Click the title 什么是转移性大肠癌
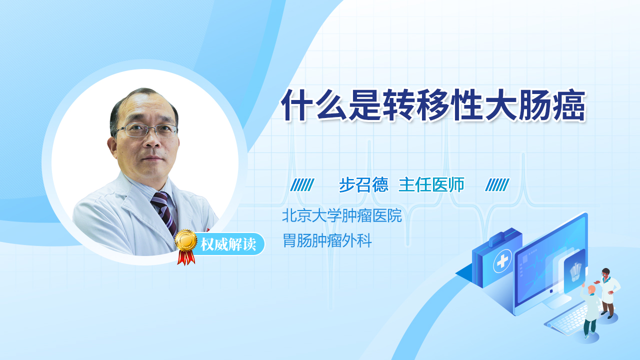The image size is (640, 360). click(433, 105)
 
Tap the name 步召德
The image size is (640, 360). click(363, 184)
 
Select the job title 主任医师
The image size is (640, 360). click(431, 184)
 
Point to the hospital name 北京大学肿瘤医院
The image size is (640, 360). click(341, 215)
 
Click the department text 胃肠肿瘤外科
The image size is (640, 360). click(327, 240)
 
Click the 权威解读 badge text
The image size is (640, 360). click(228, 244)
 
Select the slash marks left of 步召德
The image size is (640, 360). click(302, 185)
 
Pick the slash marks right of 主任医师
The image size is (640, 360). click(497, 185)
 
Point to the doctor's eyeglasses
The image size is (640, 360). click(146, 130)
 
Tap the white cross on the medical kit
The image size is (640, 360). click(502, 261)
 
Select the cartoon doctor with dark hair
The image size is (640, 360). click(607, 293)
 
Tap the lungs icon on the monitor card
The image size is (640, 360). click(575, 272)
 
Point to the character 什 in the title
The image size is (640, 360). click(297, 105)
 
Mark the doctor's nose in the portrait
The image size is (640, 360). click(152, 140)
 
